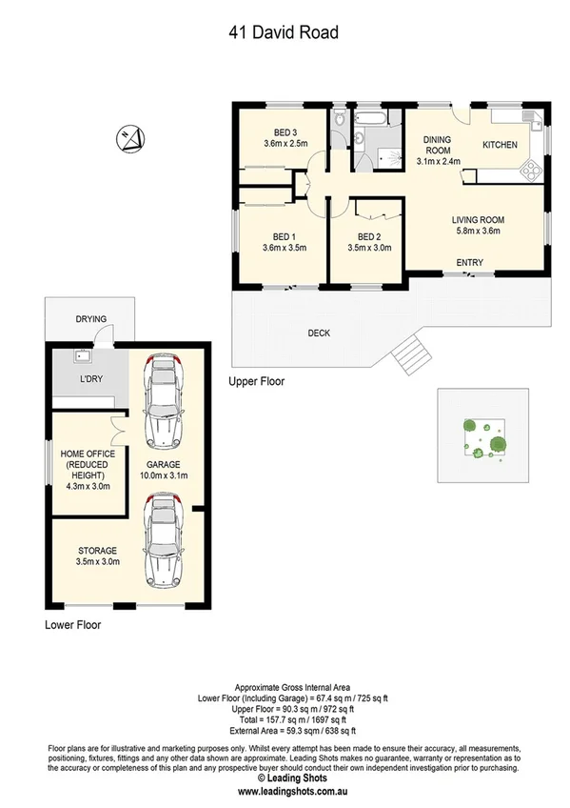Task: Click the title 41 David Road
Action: click(284, 33)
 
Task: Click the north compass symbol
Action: click(130, 140)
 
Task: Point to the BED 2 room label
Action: click(369, 237)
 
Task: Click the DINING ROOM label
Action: click(437, 145)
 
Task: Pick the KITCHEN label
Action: click(501, 145)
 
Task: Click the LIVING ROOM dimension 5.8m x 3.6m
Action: click(478, 231)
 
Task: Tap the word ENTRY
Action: click(469, 263)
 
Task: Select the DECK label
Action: click(319, 333)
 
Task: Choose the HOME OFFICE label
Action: click(88, 454)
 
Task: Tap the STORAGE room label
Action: click(98, 551)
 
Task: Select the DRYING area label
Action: click(91, 319)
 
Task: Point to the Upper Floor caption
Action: click(256, 381)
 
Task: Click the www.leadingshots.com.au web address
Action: click(285, 791)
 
